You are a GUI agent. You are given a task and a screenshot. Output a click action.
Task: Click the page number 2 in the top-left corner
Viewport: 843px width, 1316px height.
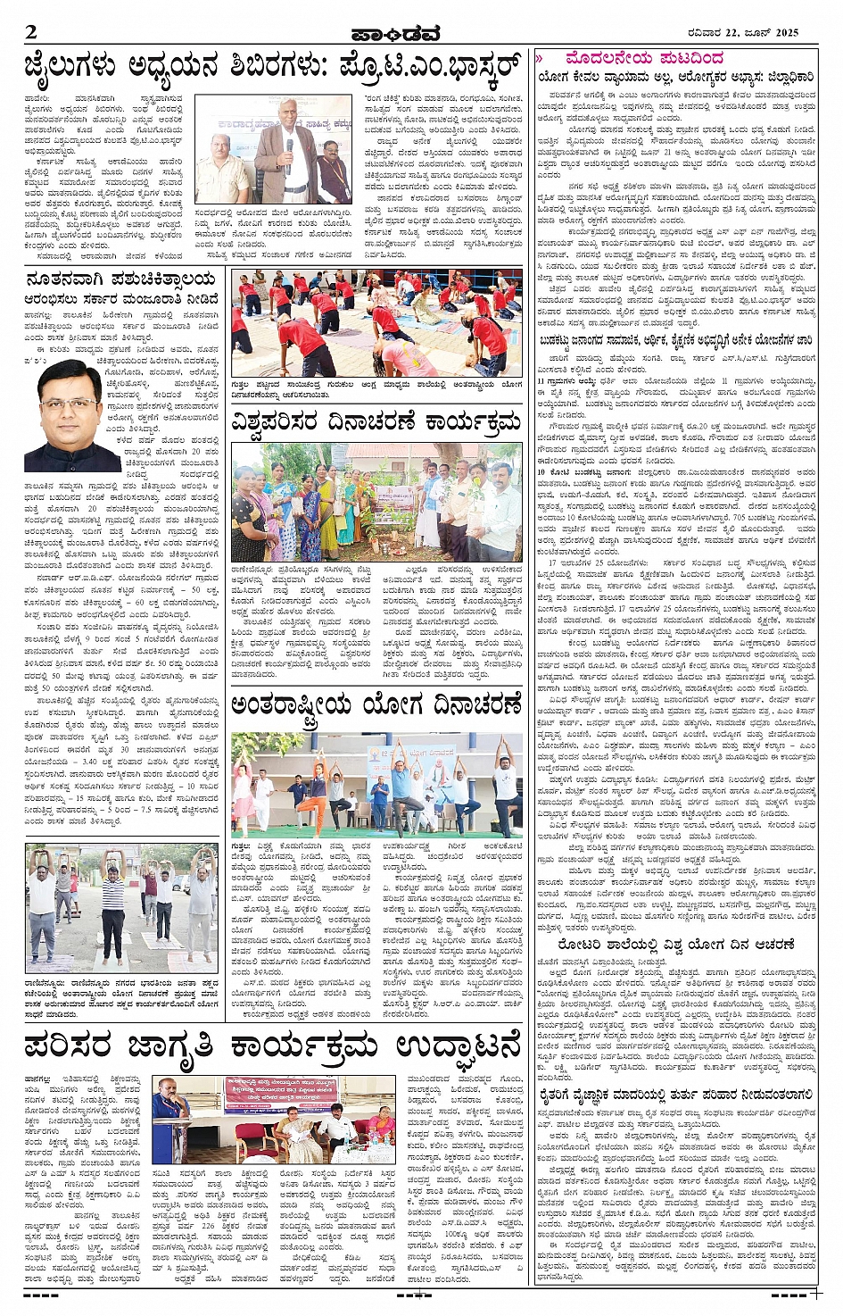click(x=32, y=32)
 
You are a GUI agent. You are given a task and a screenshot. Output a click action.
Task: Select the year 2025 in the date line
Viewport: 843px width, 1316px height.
click(x=781, y=33)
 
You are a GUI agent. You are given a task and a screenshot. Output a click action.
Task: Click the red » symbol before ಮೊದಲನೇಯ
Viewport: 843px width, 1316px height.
click(x=540, y=58)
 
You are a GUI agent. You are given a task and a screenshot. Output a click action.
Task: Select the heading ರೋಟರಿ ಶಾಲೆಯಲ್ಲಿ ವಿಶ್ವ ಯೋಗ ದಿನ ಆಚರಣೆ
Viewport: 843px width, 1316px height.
click(x=676, y=944)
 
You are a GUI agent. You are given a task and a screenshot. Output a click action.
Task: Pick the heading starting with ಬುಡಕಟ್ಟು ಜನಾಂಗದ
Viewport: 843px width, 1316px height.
click(x=676, y=340)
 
